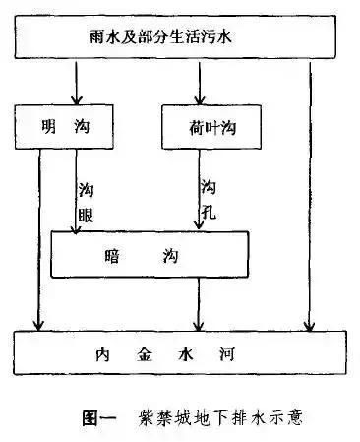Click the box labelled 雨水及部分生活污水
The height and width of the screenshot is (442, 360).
(x=181, y=37)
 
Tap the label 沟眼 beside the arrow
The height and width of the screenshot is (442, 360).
(x=86, y=201)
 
